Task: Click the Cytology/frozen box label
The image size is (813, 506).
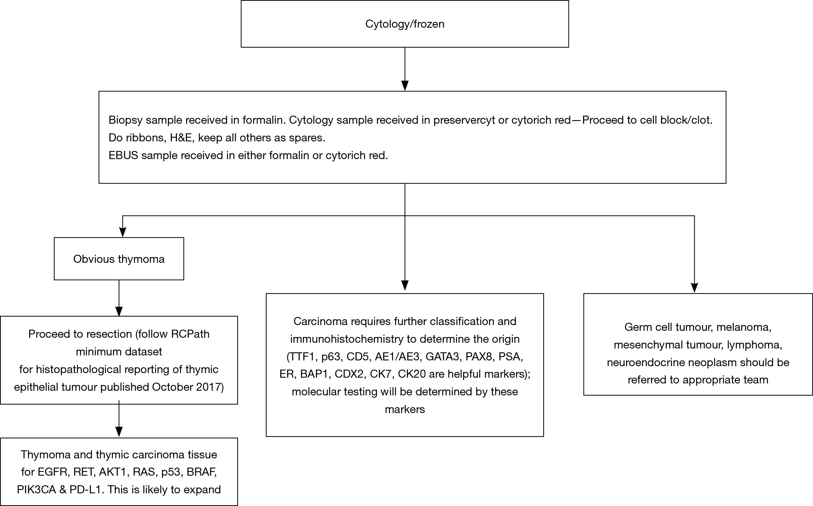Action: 405,24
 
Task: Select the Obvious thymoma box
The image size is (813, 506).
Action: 119,259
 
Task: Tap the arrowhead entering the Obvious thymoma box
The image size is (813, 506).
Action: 122,232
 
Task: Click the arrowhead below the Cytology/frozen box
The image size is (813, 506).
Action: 405,85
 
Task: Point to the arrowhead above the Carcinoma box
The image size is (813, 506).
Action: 405,285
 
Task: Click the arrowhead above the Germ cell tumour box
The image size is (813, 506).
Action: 694,288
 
